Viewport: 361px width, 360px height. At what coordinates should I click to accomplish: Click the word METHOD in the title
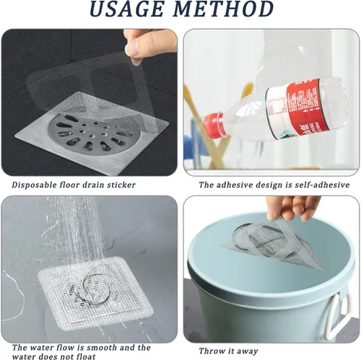[224, 9]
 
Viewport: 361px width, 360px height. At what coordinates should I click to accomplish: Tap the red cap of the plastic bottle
[215, 125]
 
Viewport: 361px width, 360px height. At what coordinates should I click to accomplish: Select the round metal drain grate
[92, 133]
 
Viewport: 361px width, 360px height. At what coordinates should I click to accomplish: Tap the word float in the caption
[84, 356]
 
